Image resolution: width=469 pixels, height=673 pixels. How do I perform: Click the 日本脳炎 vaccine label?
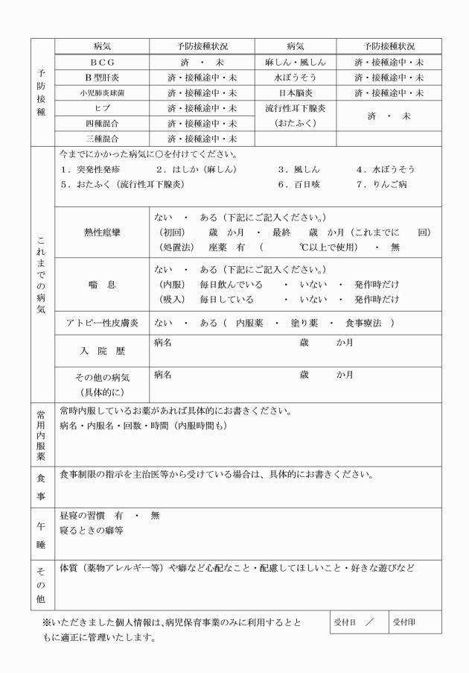click(x=295, y=93)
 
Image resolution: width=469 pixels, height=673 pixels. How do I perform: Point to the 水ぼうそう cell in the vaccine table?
click(x=295, y=78)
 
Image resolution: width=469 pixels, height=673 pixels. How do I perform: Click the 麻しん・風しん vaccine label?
click(x=295, y=62)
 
